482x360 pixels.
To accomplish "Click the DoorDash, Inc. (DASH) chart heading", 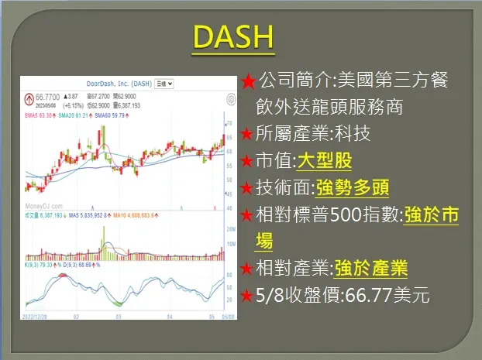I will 119,83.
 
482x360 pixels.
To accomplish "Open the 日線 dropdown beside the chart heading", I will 164,83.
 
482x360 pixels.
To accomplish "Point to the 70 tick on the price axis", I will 229,124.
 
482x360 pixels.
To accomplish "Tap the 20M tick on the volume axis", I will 229,230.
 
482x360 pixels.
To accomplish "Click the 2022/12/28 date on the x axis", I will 37,316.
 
